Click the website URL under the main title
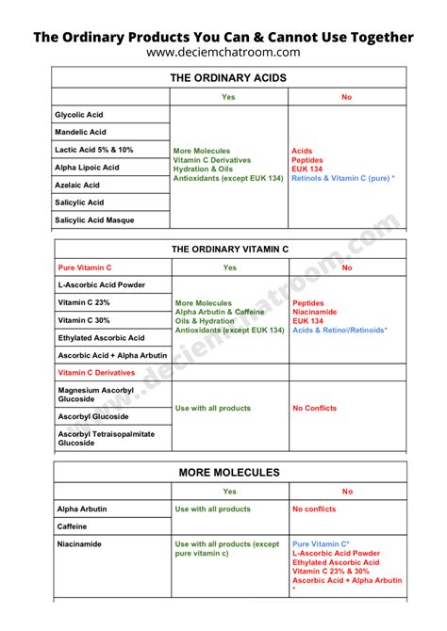(223, 53)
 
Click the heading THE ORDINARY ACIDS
(229, 78)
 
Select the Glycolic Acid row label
(81, 115)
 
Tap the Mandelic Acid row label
(82, 133)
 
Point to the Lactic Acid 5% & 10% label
(95, 150)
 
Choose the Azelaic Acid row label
(78, 186)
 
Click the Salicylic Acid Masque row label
(96, 220)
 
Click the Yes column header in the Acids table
(229, 97)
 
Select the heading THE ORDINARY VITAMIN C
(229, 250)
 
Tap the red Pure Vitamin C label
(85, 267)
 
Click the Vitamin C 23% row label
(84, 302)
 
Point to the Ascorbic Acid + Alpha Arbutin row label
(112, 355)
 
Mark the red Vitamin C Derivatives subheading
(96, 372)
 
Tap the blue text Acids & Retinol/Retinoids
(339, 331)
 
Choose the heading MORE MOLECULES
(229, 472)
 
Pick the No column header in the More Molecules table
(347, 492)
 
